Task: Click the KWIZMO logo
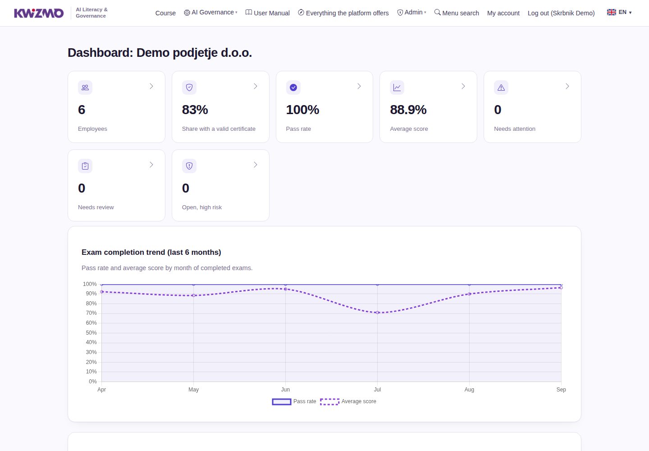point(39,13)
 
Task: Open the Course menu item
point(165,13)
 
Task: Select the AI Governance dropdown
point(210,13)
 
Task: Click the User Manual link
point(267,13)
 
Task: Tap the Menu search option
point(457,13)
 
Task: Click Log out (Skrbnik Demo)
point(561,13)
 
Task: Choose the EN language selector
point(619,12)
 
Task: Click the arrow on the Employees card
point(151,86)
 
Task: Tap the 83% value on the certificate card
point(195,110)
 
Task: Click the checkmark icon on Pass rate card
point(293,87)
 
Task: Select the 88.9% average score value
point(408,110)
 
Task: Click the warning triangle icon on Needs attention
point(501,87)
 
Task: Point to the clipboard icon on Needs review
point(85,166)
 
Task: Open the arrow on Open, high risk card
point(255,165)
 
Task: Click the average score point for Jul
point(377,313)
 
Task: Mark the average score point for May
point(193,295)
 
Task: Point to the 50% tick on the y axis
point(91,332)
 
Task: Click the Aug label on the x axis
point(469,390)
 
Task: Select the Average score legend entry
point(348,401)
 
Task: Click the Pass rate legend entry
point(294,401)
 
